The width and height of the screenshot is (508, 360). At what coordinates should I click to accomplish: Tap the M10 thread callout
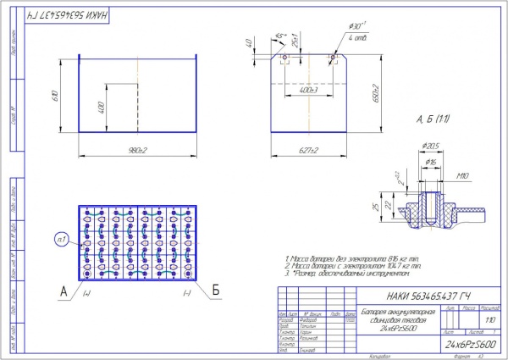coord(462,177)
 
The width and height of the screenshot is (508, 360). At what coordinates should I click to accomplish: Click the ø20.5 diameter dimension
coord(433,146)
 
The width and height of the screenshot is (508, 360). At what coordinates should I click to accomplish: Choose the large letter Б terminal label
coord(215,290)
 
